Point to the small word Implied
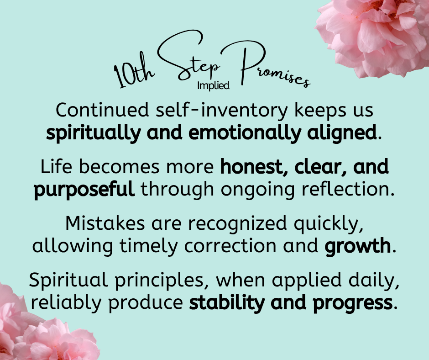214,86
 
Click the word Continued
102,110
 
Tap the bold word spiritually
93,133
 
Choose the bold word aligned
342,133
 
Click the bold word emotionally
245,133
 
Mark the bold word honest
251,167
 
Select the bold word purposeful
84,190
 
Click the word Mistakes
105,223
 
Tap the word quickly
328,224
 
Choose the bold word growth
358,246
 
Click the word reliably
66,303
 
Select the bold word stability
227,303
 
